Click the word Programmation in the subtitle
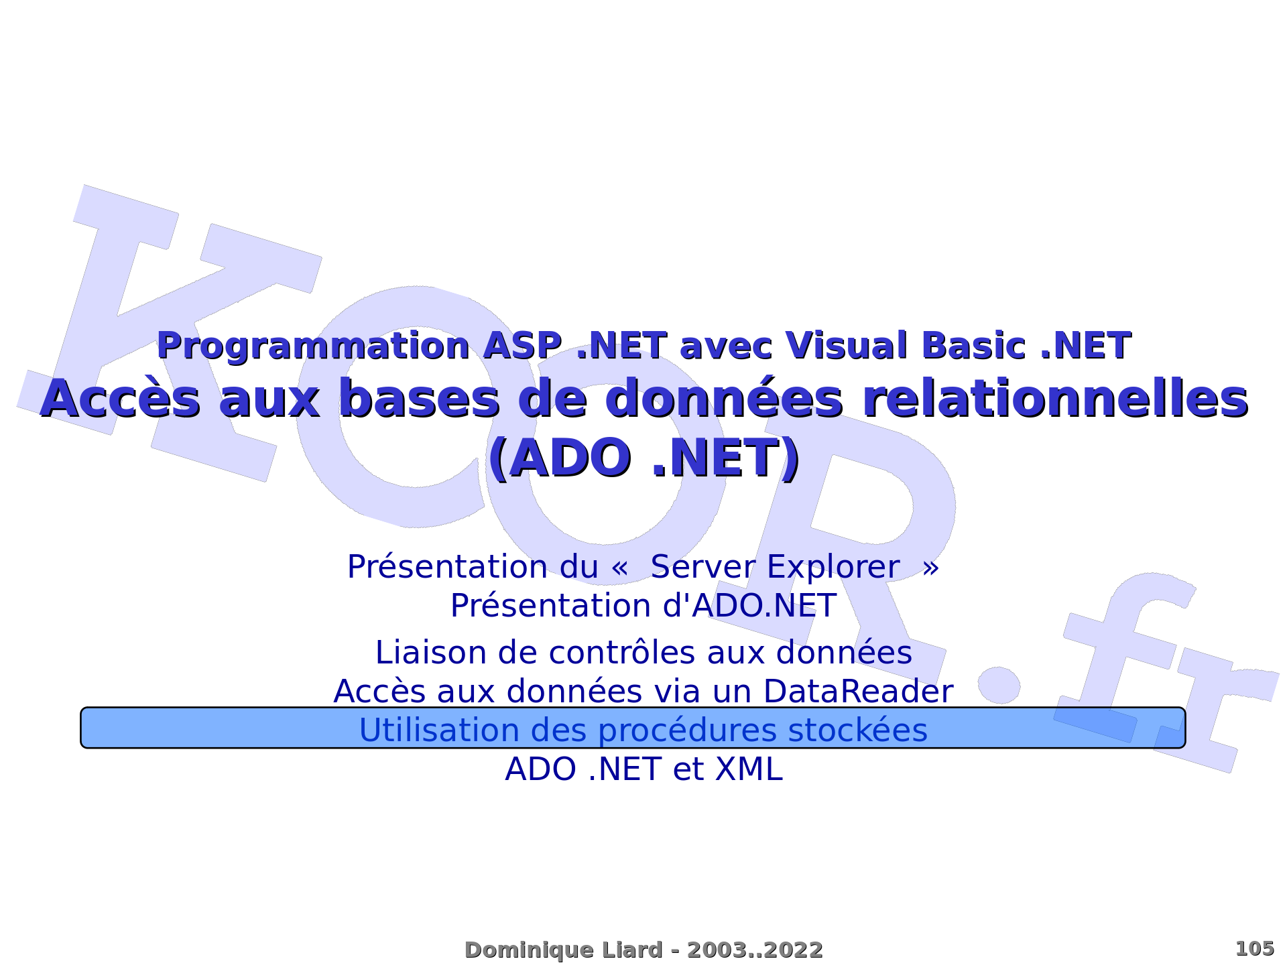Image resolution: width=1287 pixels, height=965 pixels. pos(313,347)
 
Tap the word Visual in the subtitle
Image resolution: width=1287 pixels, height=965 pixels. pos(847,346)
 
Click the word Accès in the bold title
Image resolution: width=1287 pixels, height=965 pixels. pos(121,399)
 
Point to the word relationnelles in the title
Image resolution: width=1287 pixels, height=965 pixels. pos(1055,399)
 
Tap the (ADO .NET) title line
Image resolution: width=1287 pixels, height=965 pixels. pos(643,459)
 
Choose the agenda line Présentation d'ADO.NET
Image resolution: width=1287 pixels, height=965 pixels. pos(643,606)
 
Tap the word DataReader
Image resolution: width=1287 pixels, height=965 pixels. pos(858,692)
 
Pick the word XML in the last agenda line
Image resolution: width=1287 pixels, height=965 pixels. pos(749,769)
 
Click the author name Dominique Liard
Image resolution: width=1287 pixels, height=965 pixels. pos(564,950)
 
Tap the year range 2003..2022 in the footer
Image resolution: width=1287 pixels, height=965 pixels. pos(755,950)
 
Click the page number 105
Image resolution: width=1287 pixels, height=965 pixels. pos(1254,949)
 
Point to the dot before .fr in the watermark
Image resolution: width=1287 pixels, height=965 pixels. pos(999,685)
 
